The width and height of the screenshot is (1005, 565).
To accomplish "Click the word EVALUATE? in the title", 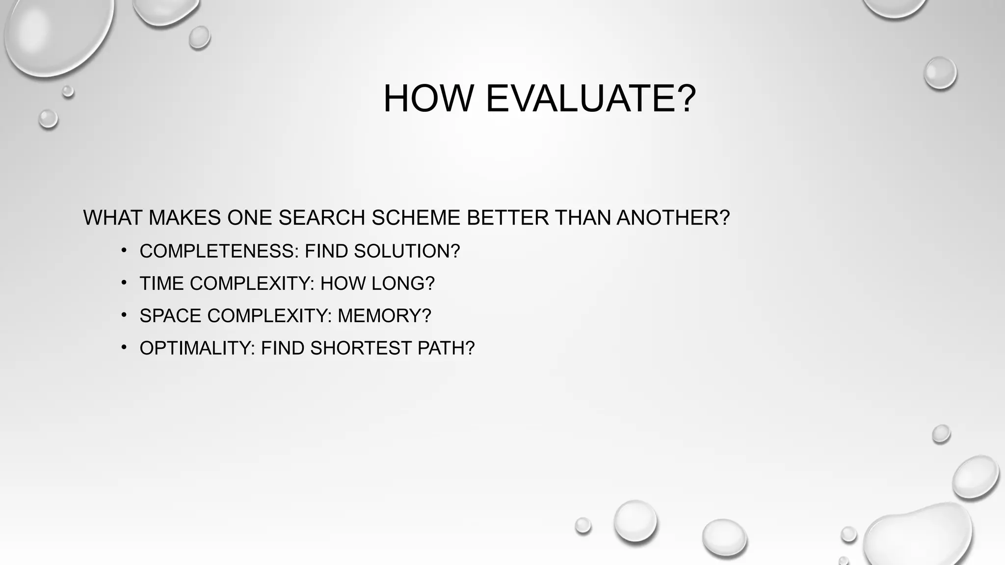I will click(590, 99).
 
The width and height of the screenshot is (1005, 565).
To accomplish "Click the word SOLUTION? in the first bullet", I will click(407, 251).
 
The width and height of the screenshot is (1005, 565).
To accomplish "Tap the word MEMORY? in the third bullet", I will click(384, 316).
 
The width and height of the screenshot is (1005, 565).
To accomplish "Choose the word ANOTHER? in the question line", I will click(673, 218).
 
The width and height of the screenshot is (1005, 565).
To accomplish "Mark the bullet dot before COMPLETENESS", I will click(124, 251).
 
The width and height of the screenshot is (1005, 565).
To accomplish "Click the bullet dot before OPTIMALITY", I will click(124, 348).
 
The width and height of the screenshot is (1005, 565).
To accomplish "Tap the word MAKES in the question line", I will click(185, 218).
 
